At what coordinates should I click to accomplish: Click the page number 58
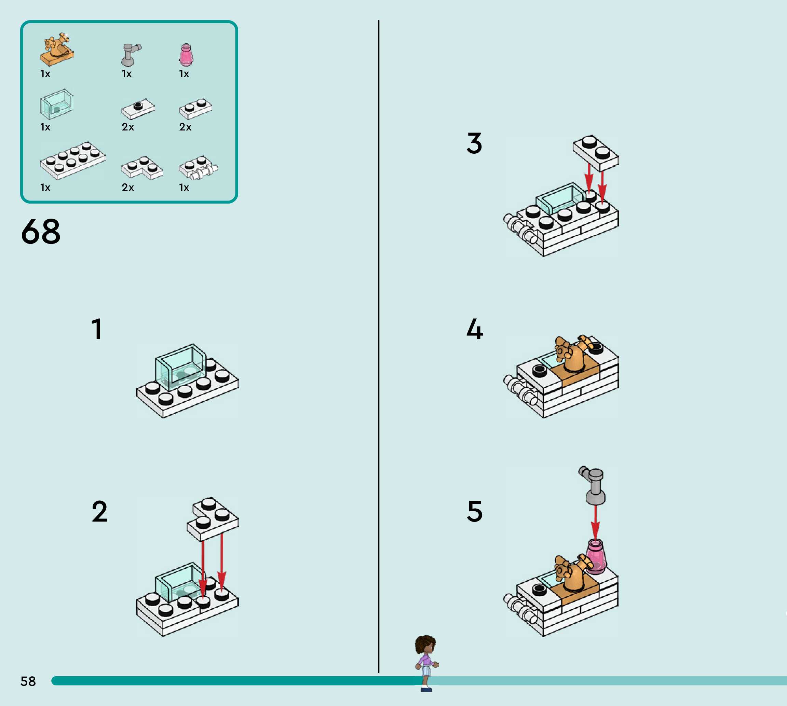[28, 681]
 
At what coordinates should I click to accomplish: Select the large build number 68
[41, 232]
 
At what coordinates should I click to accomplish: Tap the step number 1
[97, 329]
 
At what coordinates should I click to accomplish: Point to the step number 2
[100, 511]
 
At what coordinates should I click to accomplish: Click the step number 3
[474, 143]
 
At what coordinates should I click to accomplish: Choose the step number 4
[475, 329]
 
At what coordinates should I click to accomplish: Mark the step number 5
[475, 511]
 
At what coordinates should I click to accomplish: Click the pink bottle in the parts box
[186, 55]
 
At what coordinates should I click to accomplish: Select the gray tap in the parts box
[131, 55]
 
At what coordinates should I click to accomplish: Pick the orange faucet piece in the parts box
[57, 49]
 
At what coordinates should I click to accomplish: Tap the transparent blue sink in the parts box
[57, 104]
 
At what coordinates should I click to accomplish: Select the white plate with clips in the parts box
[198, 168]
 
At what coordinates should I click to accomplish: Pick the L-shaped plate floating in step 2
[213, 519]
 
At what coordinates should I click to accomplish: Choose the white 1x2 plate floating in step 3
[596, 153]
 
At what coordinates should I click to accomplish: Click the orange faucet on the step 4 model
[573, 355]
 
